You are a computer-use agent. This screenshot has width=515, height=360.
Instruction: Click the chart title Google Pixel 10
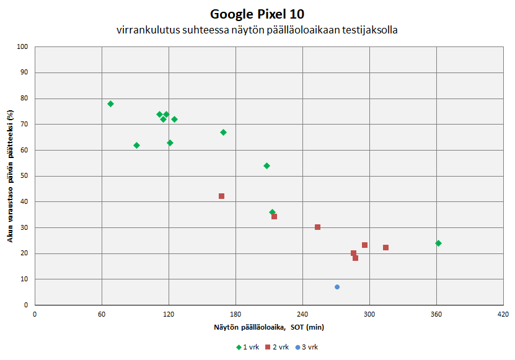click(257, 14)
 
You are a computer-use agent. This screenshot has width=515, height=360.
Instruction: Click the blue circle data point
click(337, 287)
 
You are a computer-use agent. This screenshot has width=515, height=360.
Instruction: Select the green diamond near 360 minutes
click(438, 243)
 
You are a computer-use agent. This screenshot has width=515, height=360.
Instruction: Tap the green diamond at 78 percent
click(110, 103)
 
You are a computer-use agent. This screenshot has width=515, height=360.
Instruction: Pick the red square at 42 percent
click(221, 196)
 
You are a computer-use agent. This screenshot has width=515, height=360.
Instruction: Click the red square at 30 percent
click(317, 227)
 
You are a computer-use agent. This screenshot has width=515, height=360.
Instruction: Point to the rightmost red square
click(385, 247)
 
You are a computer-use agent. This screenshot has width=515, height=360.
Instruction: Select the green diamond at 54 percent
click(266, 165)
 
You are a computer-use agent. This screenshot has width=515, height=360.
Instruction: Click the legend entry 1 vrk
click(247, 347)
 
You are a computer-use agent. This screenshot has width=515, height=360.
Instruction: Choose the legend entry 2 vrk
click(276, 347)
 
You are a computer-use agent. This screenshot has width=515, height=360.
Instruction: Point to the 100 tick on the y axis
click(23, 46)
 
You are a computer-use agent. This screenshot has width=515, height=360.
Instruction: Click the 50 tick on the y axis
click(25, 176)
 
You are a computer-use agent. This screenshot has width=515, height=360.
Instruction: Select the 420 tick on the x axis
click(503, 314)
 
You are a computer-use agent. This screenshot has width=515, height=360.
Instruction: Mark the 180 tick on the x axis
click(235, 314)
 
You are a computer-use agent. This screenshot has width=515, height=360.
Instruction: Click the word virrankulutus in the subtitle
click(143, 30)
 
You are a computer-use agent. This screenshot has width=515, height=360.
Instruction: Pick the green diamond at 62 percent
click(136, 145)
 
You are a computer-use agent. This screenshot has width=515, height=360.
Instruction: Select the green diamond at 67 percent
click(223, 132)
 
